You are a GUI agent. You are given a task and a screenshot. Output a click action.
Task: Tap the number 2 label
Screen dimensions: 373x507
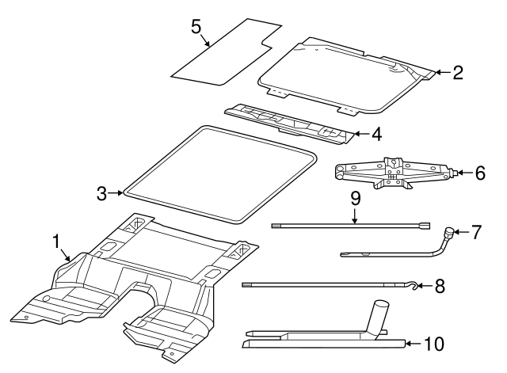(x=457, y=73)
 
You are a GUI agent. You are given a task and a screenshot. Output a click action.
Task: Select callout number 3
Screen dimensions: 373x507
(x=101, y=192)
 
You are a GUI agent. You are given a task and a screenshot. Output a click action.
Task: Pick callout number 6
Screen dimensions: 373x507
(x=480, y=173)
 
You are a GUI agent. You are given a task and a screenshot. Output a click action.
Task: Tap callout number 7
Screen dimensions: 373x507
(x=475, y=232)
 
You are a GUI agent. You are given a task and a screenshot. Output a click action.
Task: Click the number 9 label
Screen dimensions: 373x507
(x=356, y=196)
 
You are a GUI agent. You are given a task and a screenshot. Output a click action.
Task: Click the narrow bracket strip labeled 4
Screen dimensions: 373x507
(x=289, y=123)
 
